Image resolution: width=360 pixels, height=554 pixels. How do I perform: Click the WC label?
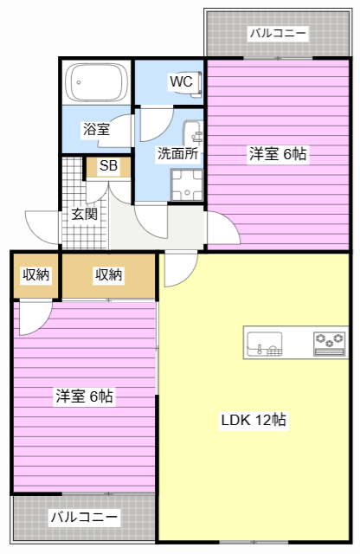(181, 81)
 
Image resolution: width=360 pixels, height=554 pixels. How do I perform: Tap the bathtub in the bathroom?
(97, 83)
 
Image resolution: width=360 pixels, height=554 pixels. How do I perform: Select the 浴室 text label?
(96, 129)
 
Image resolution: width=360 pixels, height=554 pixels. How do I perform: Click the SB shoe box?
(108, 166)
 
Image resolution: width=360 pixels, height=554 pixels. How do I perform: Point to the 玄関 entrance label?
(85, 214)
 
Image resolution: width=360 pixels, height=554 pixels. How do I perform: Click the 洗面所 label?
(177, 153)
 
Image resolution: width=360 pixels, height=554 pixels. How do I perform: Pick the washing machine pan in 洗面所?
(187, 184)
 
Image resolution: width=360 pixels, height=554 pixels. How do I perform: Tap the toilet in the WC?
(196, 85)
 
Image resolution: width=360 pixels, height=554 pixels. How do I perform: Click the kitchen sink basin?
(264, 344)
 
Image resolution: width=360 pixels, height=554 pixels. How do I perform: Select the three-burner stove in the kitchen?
(329, 343)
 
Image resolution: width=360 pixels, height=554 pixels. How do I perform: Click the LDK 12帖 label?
(254, 420)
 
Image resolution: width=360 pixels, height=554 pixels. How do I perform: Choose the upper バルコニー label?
(278, 34)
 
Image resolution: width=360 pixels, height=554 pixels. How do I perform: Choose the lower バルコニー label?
(84, 518)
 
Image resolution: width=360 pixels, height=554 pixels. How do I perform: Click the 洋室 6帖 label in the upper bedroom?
(278, 154)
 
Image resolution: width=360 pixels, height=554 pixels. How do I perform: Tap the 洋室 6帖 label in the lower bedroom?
(84, 396)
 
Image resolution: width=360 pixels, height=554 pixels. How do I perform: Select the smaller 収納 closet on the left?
(35, 275)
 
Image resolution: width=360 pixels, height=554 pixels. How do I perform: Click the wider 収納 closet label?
(108, 274)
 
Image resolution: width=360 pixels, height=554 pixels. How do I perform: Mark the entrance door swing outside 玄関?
(42, 227)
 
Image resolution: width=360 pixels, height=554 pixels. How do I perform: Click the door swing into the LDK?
(181, 269)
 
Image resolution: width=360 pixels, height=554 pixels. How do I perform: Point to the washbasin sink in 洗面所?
(193, 132)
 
